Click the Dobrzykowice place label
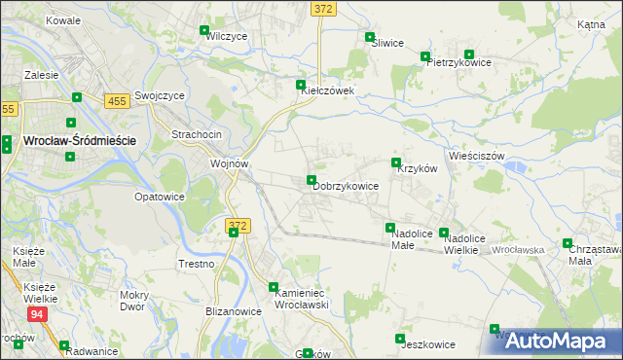346,186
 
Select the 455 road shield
117,100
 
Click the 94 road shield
37,314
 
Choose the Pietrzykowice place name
458,62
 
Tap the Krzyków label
419,167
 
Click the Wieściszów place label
476,156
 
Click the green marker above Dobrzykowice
311,180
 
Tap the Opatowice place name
160,197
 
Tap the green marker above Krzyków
396,162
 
